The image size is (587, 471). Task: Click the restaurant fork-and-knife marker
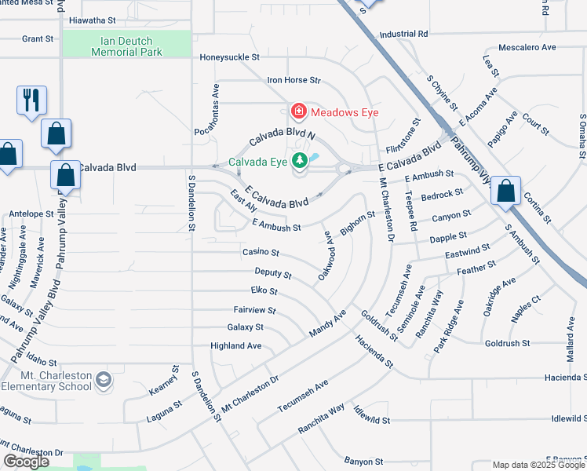31,100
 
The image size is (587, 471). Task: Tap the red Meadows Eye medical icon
298,112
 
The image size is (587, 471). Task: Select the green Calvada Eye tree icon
299,162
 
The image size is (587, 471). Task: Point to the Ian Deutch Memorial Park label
126,46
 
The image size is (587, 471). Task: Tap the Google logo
27,462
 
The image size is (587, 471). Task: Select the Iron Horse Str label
294,80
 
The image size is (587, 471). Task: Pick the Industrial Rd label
403,35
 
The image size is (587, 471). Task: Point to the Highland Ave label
235,345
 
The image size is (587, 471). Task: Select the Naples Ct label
525,299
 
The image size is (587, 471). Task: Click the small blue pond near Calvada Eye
315,157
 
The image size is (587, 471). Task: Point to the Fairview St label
254,310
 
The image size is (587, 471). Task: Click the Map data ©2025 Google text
538,465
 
